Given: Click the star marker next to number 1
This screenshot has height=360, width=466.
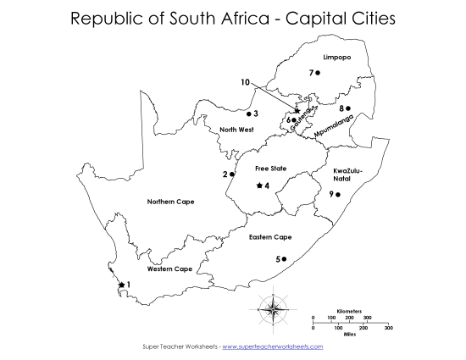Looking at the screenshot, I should (122, 285).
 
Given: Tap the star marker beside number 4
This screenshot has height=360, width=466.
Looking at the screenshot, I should (258, 186).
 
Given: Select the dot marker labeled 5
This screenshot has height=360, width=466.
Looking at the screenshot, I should (285, 258).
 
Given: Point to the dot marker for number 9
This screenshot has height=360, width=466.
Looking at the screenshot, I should (338, 195).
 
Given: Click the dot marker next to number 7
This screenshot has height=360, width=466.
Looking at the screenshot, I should (318, 73).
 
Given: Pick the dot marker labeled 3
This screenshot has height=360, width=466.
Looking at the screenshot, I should (248, 114).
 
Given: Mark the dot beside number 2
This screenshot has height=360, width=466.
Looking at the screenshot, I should (232, 174).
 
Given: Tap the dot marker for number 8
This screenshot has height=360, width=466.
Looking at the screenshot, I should (348, 108).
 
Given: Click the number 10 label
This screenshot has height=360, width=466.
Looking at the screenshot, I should (245, 82).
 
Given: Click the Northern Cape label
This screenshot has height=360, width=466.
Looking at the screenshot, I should (171, 202).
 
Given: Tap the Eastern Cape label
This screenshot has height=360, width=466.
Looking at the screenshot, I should (271, 237).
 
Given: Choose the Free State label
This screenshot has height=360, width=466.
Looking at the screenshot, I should (271, 169).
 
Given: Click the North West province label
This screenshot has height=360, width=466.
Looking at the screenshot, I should (236, 130).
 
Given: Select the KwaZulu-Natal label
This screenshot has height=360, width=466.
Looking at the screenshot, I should (348, 174).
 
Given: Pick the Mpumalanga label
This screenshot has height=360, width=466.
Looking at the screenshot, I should (332, 128).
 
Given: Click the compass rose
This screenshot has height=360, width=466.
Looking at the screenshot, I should (274, 306).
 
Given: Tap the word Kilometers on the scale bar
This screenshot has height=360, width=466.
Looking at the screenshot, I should (349, 312).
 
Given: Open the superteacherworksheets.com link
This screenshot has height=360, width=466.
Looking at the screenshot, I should (272, 347).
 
